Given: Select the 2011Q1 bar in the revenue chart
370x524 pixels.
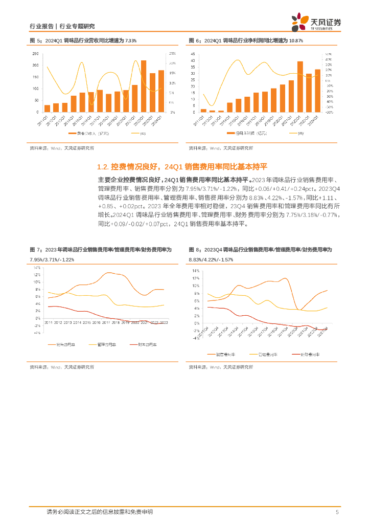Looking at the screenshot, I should pyautogui.click(x=47, y=108).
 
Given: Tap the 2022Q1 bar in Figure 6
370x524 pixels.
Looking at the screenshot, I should pyautogui.click(x=300, y=86).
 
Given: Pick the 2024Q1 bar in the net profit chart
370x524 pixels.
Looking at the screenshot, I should pyautogui.click(x=317, y=91).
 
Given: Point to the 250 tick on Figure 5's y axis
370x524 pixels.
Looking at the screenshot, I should pyautogui.click(x=35, y=53).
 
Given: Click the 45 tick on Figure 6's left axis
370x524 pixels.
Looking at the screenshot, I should pyautogui.click(x=192, y=53).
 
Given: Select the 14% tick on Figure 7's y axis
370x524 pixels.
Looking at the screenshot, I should pyautogui.click(x=37, y=268).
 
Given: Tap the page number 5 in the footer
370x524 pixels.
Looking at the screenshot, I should pyautogui.click(x=337, y=512).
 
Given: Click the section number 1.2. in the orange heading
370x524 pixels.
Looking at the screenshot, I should pyautogui.click(x=104, y=167).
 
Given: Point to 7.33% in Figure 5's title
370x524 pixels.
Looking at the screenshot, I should pyautogui.click(x=130, y=40).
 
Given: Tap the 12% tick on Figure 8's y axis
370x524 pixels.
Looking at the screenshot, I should pyautogui.click(x=195, y=278).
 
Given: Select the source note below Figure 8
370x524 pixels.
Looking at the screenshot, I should pyautogui.click(x=221, y=367).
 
